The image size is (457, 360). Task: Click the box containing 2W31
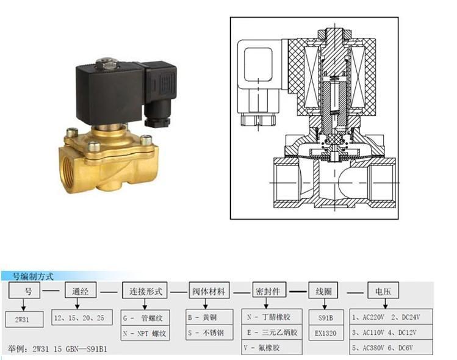24,319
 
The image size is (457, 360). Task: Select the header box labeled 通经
81,290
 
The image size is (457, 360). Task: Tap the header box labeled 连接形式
145,290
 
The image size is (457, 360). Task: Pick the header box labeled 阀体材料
209,290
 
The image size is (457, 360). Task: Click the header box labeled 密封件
269,290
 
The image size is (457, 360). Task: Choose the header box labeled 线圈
323,290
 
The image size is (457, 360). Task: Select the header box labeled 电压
383,290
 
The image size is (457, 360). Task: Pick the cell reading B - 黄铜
209,317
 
